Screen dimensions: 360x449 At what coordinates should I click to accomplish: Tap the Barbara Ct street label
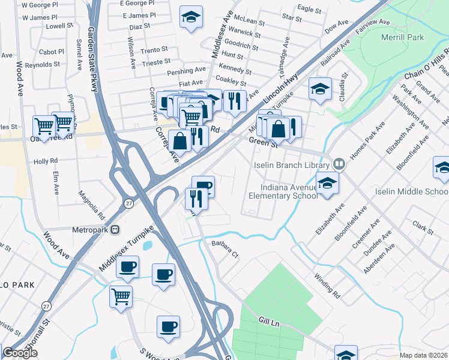click(225, 248)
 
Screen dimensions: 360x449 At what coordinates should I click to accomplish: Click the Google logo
click(20, 353)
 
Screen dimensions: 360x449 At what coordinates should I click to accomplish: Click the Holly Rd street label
click(46, 161)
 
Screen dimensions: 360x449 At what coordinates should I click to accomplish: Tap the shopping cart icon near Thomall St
click(121, 296)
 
